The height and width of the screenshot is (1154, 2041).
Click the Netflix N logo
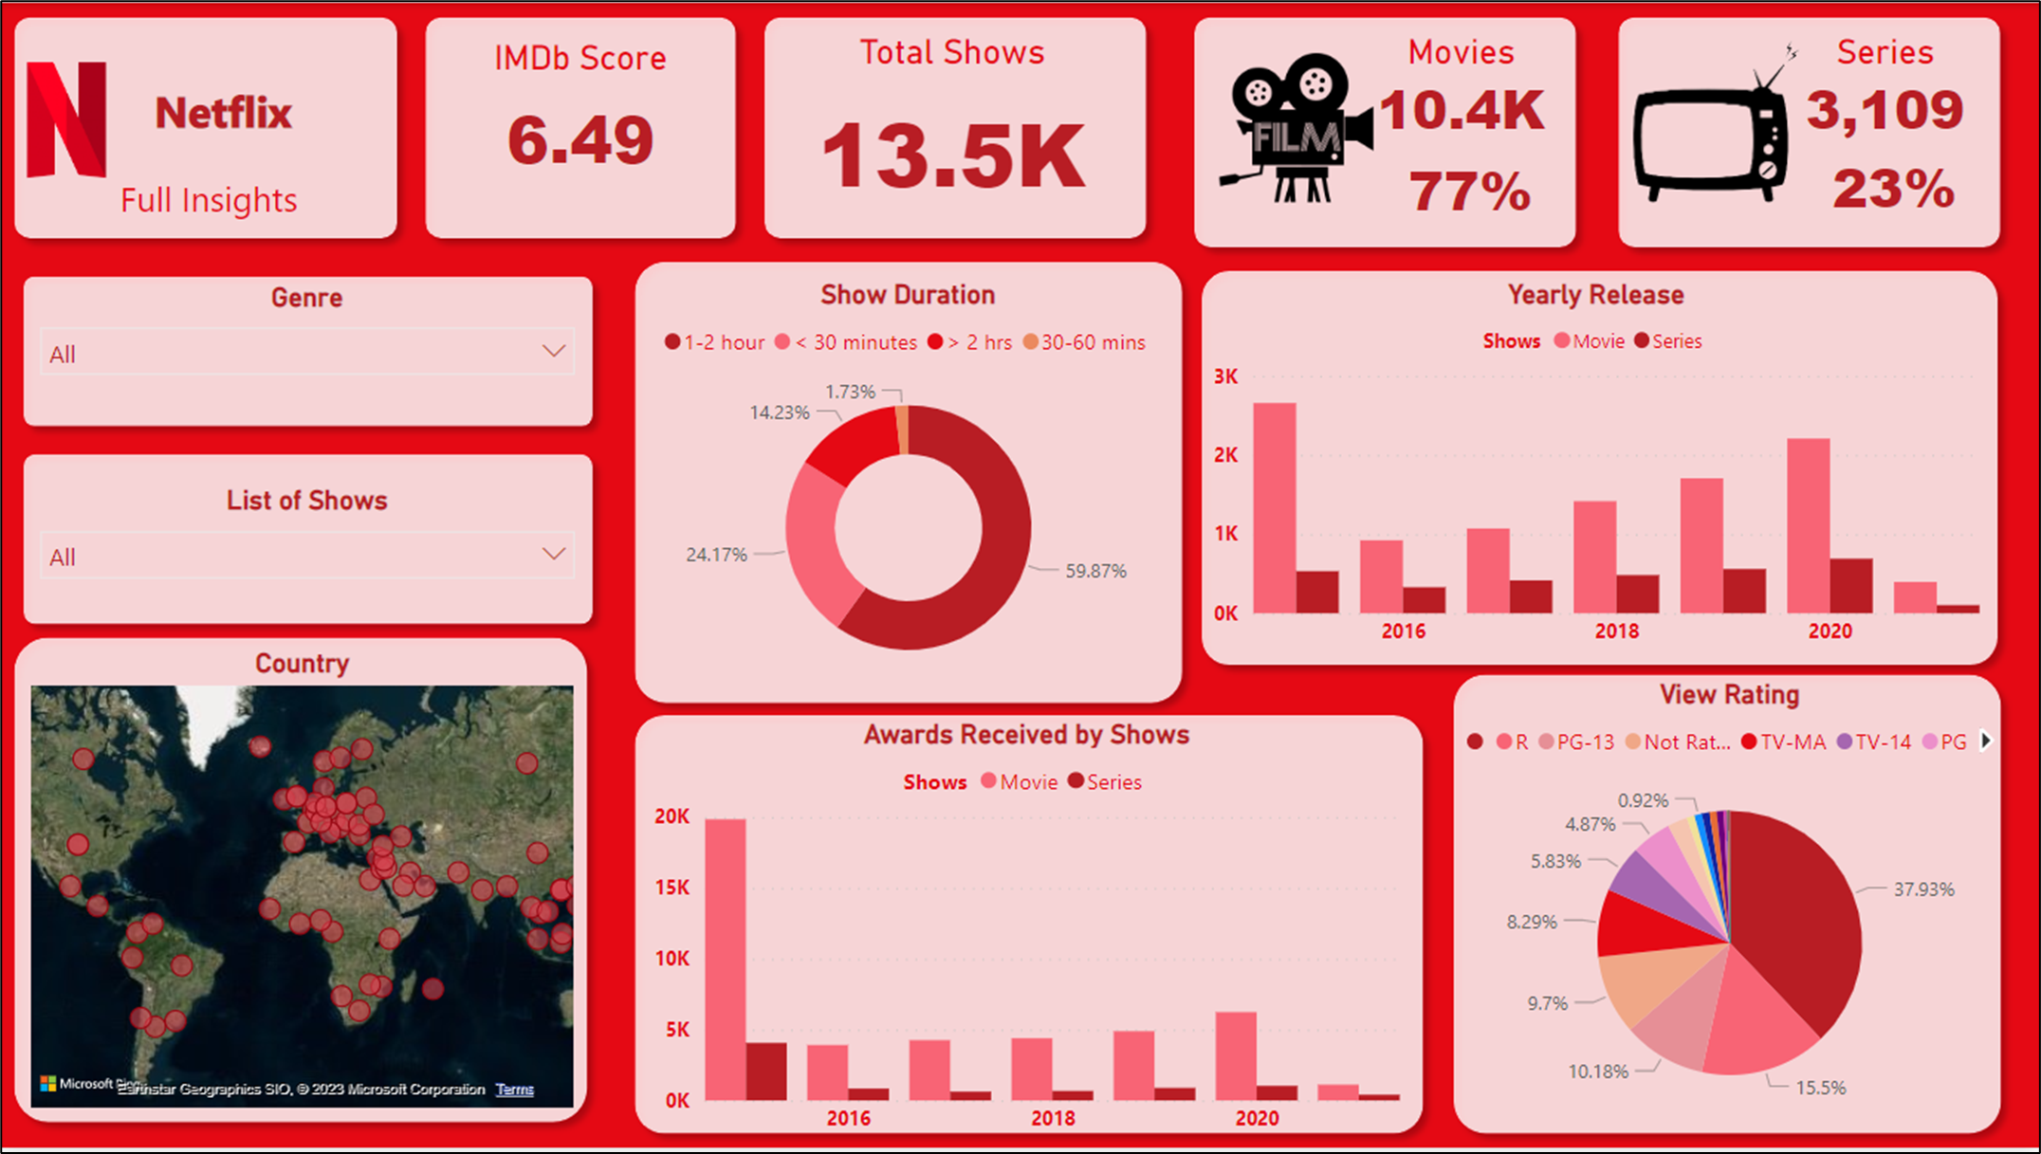click(x=65, y=119)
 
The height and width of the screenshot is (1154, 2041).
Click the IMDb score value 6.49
click(x=580, y=140)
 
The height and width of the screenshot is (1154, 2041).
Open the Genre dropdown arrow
click(x=554, y=352)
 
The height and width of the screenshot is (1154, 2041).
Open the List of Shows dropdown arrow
click(x=554, y=554)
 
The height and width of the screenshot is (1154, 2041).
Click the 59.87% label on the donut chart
click(x=1095, y=571)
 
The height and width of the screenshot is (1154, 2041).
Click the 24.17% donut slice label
click(x=716, y=555)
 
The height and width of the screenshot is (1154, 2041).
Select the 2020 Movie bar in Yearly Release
click(x=1808, y=525)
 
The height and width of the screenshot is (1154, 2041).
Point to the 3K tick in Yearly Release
click(x=1225, y=376)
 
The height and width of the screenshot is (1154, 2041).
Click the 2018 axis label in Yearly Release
click(x=1616, y=632)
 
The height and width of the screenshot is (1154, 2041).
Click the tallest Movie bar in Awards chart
click(x=726, y=958)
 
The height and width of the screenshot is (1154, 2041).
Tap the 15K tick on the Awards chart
click(x=671, y=888)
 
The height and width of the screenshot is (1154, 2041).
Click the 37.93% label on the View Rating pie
click(x=1923, y=889)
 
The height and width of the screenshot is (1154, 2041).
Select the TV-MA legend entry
click(x=1783, y=742)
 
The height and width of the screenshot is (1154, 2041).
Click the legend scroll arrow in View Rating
click(x=1986, y=742)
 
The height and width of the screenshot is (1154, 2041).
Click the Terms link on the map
click(x=514, y=1090)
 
